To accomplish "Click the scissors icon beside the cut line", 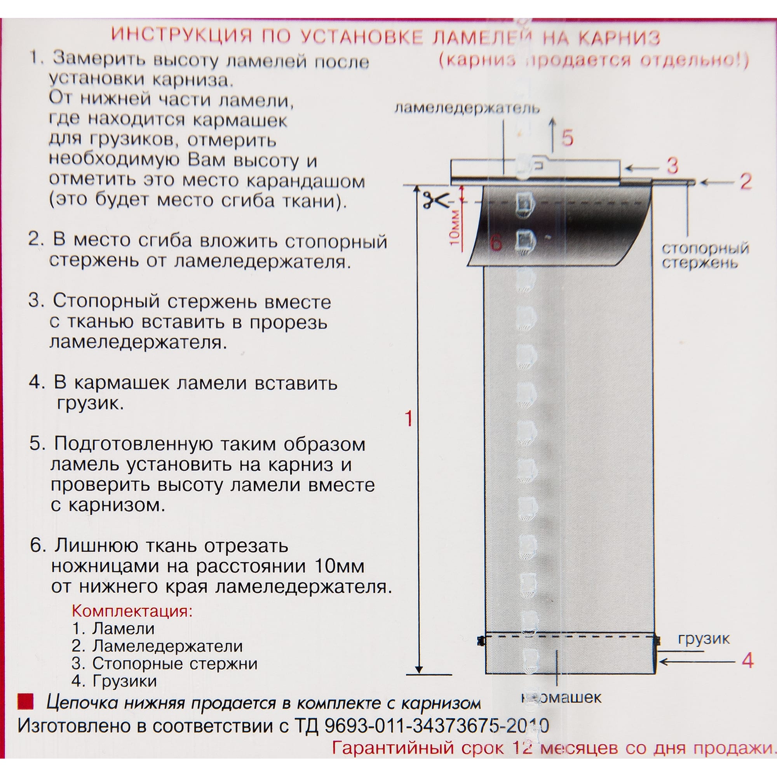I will tap(435, 200).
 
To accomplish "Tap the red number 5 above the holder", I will tap(568, 138).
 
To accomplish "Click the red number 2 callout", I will tap(746, 182).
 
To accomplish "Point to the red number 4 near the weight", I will tap(747, 660).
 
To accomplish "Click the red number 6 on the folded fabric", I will tap(497, 243).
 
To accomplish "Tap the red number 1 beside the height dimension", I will tap(409, 419).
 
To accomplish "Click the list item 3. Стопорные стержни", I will tap(164, 663).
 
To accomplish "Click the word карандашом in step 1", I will tap(305, 181).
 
